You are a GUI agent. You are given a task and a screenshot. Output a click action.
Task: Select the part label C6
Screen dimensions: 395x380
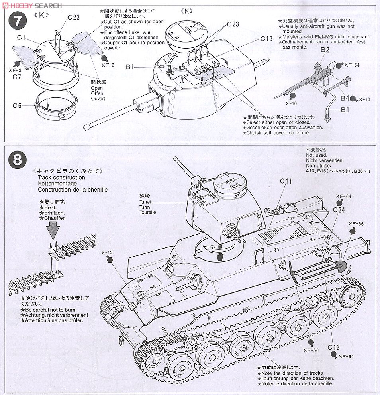[16, 106]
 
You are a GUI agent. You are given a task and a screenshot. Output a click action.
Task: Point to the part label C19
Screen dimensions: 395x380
[266, 39]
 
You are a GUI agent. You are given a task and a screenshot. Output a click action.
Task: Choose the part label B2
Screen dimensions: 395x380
[325, 50]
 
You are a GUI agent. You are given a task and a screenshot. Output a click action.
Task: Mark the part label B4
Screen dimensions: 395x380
[345, 98]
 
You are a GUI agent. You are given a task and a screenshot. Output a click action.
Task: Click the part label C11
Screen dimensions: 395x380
[286, 181]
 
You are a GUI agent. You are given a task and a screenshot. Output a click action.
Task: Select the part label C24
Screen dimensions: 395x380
[339, 210]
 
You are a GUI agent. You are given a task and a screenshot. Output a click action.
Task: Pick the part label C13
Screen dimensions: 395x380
[334, 347]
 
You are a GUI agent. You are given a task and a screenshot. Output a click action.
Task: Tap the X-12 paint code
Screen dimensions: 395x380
[108, 252]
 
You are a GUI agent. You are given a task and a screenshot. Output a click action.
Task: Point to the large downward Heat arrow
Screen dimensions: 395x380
[53, 231]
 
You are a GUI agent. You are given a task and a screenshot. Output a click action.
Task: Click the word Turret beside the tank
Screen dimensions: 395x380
[145, 202]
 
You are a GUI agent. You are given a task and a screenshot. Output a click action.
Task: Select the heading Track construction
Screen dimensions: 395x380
[61, 177]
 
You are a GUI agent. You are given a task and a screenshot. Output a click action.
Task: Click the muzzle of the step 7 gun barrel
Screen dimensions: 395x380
[85, 127]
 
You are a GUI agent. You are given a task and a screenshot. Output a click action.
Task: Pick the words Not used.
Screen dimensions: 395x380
[316, 155]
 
